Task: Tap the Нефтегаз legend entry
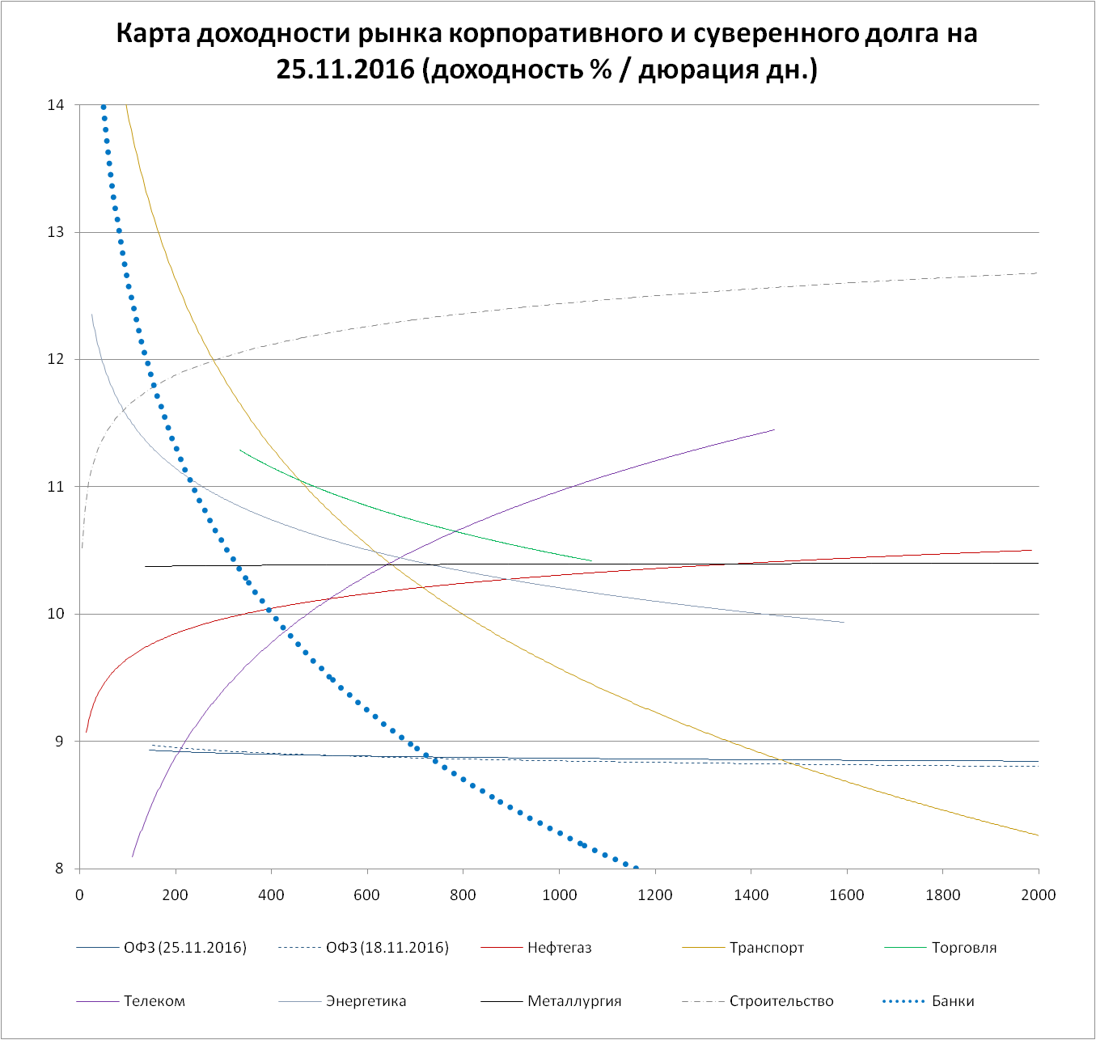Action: (x=559, y=948)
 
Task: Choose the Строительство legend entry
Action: (x=781, y=1001)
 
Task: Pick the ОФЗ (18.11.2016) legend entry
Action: (x=387, y=948)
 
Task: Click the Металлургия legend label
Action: (x=574, y=1001)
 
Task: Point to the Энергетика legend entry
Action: (x=366, y=1001)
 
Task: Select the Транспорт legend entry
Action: (x=766, y=948)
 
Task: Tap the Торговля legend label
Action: (x=963, y=948)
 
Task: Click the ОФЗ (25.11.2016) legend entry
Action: (x=184, y=948)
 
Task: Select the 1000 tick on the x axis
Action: (x=559, y=894)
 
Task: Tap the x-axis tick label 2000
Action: (x=1039, y=894)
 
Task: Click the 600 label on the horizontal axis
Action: (x=367, y=894)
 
